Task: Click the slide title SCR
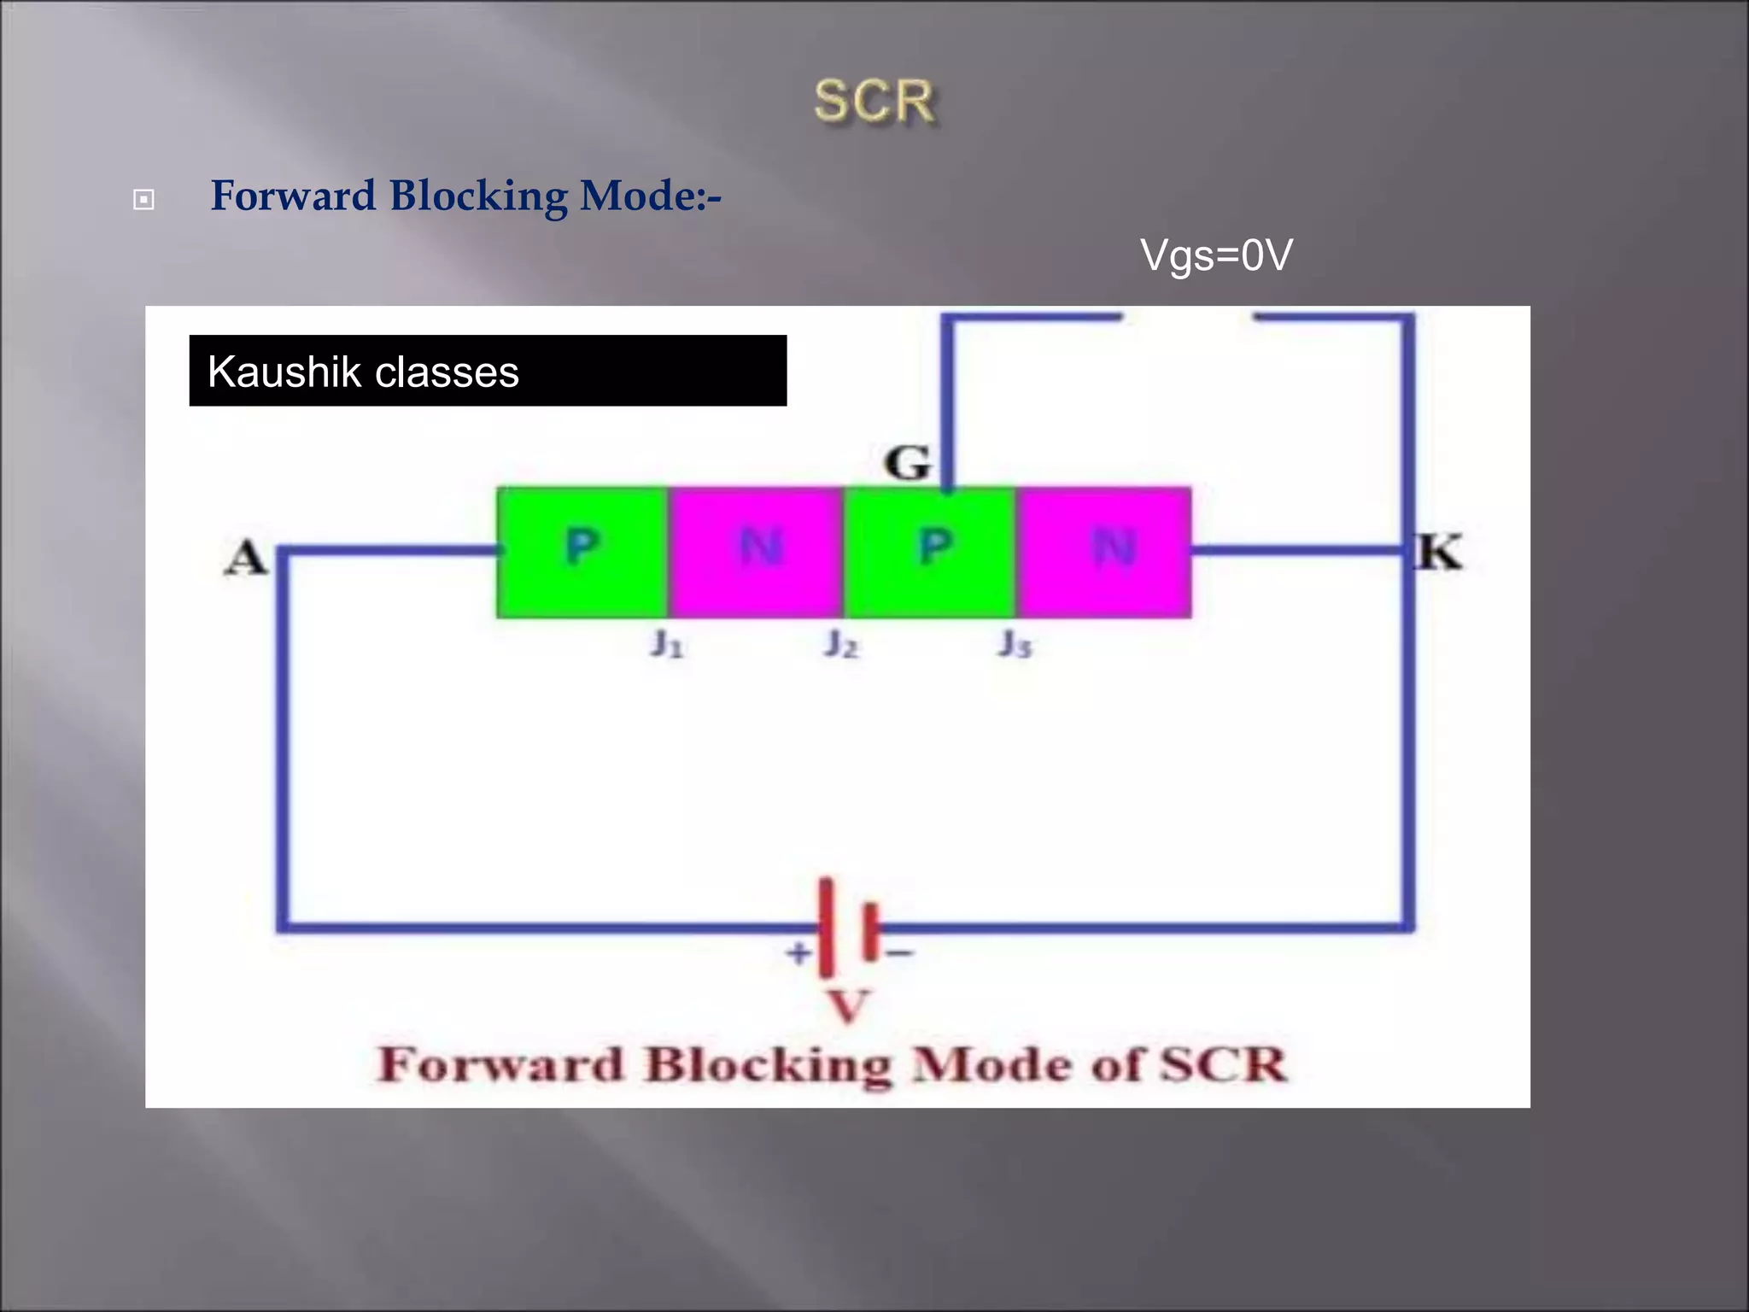click(x=874, y=102)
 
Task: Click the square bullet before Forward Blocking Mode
click(x=143, y=200)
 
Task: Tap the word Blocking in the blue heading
click(x=478, y=196)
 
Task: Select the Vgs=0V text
click(x=1216, y=255)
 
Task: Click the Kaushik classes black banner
click(x=488, y=371)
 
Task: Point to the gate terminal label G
click(x=906, y=464)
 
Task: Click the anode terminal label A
click(x=246, y=559)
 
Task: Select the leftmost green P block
click(x=582, y=552)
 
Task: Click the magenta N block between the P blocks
click(x=757, y=552)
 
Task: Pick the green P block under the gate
click(x=932, y=552)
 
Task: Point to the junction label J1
click(x=667, y=644)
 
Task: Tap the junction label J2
click(x=841, y=644)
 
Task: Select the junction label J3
click(x=1015, y=644)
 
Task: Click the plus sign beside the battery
click(x=798, y=952)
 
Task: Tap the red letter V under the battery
click(x=848, y=1006)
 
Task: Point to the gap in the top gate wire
click(x=1188, y=318)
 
